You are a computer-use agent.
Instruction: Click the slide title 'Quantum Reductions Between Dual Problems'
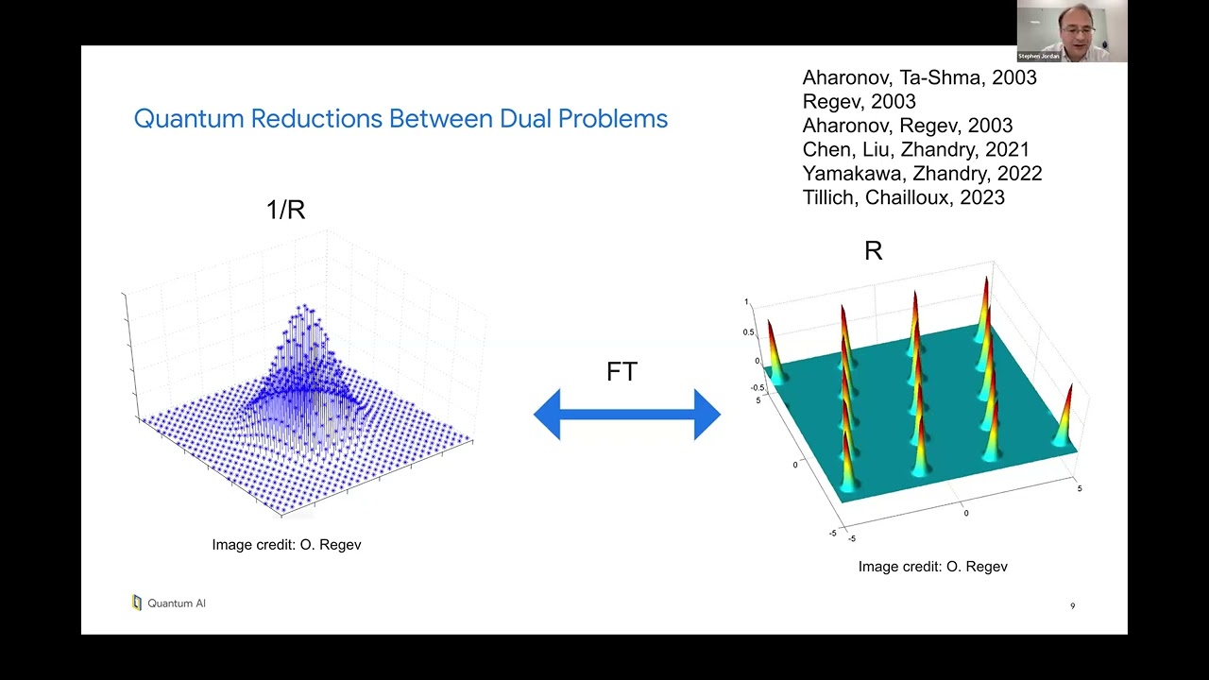tap(400, 119)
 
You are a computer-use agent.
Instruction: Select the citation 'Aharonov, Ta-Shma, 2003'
tap(919, 77)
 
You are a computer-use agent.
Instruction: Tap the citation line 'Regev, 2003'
tap(859, 101)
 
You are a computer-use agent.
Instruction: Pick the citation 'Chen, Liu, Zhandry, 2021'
tap(915, 149)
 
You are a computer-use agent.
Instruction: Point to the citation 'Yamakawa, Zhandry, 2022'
tap(922, 174)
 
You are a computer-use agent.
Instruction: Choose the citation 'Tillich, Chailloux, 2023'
tap(903, 197)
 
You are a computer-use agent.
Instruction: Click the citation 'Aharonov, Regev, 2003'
tap(907, 126)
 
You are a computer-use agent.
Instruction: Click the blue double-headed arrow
tap(627, 415)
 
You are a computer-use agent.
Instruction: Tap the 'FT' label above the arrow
tap(622, 372)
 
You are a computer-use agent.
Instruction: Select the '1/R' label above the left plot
tap(285, 210)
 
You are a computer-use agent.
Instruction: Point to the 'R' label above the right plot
tap(873, 251)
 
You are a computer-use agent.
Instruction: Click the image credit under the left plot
tap(286, 545)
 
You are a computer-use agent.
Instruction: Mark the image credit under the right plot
tap(932, 567)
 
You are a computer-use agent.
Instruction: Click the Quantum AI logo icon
tap(137, 603)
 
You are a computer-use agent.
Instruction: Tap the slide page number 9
tap(1072, 606)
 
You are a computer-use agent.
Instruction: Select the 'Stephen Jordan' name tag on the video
tap(1038, 57)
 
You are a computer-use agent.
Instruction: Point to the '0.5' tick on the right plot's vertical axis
tap(748, 331)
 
